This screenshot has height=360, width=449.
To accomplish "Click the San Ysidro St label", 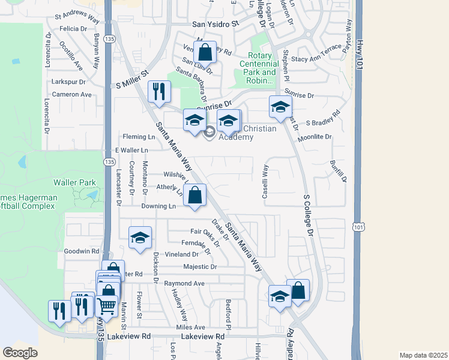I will (x=215, y=25).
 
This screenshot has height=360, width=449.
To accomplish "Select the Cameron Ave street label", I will (x=71, y=94).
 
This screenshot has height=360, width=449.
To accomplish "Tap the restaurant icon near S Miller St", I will (x=159, y=92).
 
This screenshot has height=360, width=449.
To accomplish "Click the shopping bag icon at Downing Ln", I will (x=195, y=195).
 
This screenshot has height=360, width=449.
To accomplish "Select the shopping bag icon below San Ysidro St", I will (x=205, y=52).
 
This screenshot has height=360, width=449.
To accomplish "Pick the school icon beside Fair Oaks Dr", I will (x=140, y=237).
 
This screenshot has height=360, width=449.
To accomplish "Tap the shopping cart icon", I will (x=106, y=305).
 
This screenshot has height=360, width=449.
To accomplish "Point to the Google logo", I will (x=20, y=352).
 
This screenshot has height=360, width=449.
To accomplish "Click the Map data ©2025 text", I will (x=423, y=355).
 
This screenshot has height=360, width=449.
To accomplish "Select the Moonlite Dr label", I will (x=319, y=137).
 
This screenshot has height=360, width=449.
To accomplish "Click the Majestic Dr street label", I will (x=200, y=266).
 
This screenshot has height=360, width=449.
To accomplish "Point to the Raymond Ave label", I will (x=184, y=283).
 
